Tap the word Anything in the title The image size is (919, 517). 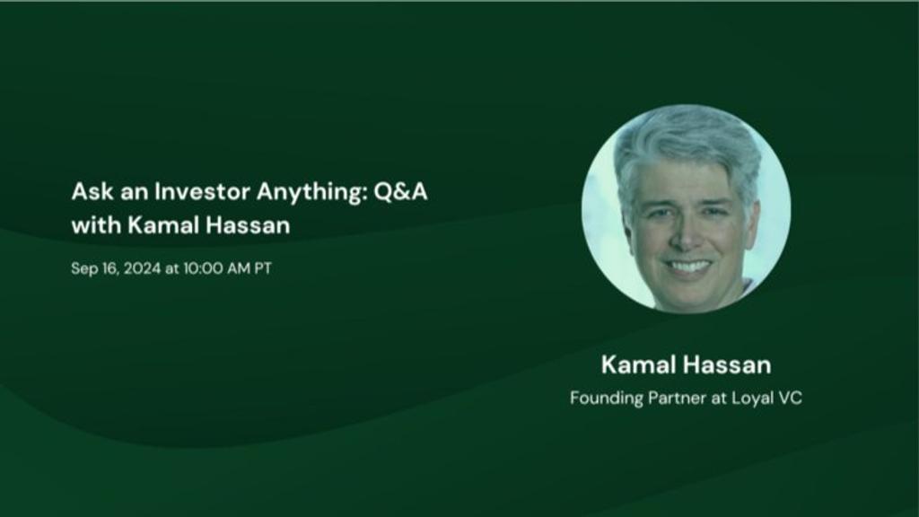coord(311,193)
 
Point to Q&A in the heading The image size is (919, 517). coord(401,192)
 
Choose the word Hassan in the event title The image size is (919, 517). coord(248,225)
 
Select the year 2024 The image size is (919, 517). coord(142,268)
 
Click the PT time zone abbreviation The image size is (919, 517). coord(263,268)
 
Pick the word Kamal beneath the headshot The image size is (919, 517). coord(638,364)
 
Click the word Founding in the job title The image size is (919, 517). coord(607,399)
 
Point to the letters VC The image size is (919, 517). coord(790,398)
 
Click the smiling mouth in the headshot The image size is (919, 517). coord(689,266)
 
